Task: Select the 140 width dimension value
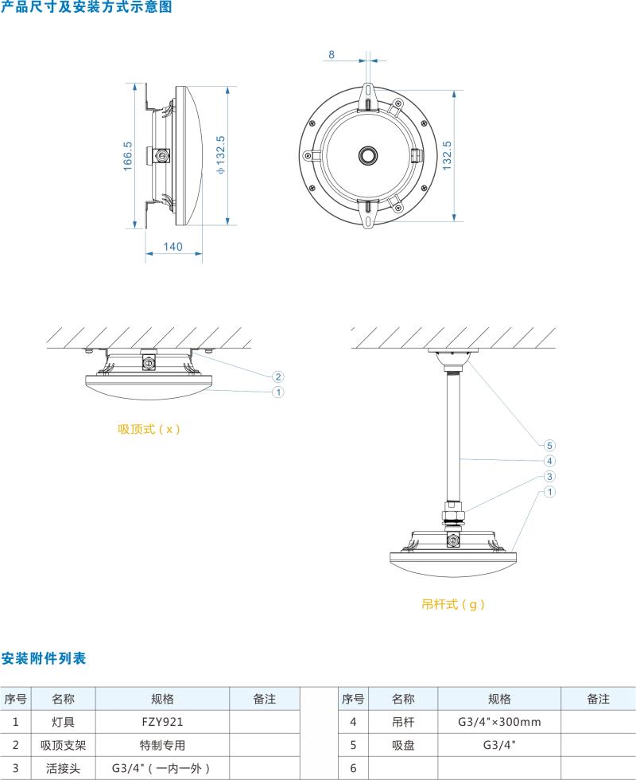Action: pyautogui.click(x=173, y=247)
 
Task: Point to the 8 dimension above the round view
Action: pyautogui.click(x=331, y=55)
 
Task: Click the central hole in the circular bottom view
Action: pyautogui.click(x=369, y=154)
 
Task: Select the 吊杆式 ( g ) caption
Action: pyautogui.click(x=453, y=604)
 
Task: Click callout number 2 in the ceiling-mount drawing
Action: pyautogui.click(x=278, y=376)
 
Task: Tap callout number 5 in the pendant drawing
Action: pyautogui.click(x=549, y=445)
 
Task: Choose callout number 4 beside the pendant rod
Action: pyautogui.click(x=549, y=461)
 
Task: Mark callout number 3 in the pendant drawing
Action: pyautogui.click(x=549, y=477)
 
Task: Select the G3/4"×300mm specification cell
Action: pyautogui.click(x=499, y=722)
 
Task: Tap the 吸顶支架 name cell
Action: pyautogui.click(x=63, y=746)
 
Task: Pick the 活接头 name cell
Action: pyautogui.click(x=63, y=769)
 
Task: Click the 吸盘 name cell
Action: pyautogui.click(x=403, y=746)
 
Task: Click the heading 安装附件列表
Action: pyautogui.click(x=43, y=658)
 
